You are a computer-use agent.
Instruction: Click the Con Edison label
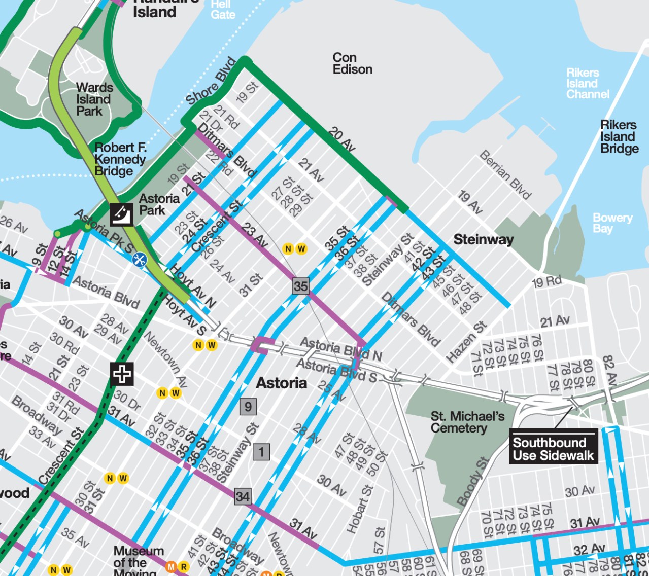352,64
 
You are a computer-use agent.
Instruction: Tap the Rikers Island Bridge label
619,137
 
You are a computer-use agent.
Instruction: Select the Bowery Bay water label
612,223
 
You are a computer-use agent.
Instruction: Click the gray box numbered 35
300,286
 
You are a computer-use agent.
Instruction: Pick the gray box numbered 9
248,407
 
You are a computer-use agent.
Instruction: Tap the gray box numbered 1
261,452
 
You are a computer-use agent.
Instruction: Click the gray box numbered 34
243,496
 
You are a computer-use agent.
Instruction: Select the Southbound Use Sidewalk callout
553,449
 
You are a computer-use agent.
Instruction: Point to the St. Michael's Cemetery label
467,422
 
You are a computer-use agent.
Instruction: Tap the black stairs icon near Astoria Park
122,214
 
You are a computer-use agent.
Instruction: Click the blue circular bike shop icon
139,260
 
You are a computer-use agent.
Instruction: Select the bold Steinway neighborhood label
483,239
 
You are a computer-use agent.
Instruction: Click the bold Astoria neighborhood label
281,383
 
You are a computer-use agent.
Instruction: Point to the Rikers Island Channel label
587,84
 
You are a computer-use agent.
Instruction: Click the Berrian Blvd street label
505,175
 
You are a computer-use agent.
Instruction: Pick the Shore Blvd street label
211,82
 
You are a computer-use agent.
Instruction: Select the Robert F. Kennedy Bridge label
120,159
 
